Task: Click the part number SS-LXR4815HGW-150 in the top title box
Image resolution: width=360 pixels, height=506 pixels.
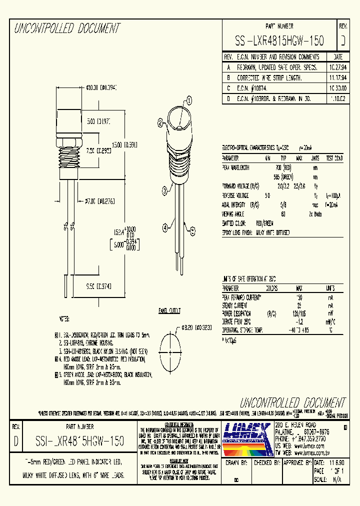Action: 279,41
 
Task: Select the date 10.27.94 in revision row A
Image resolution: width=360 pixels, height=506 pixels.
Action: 337,66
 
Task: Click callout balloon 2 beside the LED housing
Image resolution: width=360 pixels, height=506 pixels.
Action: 160,122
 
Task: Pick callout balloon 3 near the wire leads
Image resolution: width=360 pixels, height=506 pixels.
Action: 164,189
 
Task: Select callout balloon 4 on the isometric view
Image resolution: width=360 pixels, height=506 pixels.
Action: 165,228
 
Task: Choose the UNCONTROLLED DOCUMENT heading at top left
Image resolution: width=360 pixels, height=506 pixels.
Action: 67,28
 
